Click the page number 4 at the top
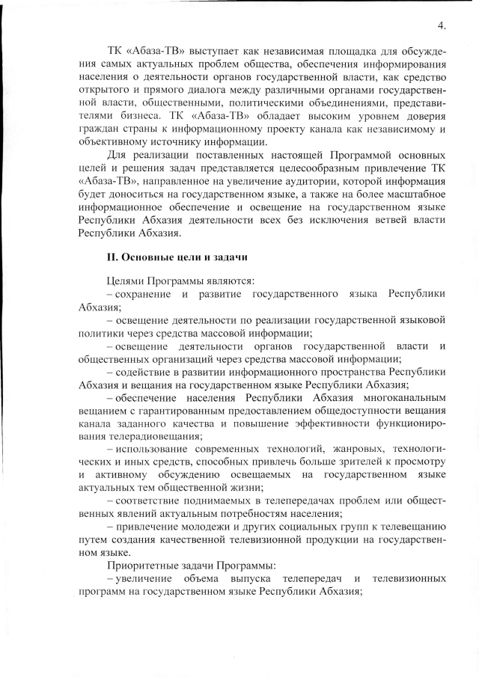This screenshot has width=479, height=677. pyautogui.click(x=442, y=25)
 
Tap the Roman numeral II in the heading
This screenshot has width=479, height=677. pyautogui.click(x=112, y=257)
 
